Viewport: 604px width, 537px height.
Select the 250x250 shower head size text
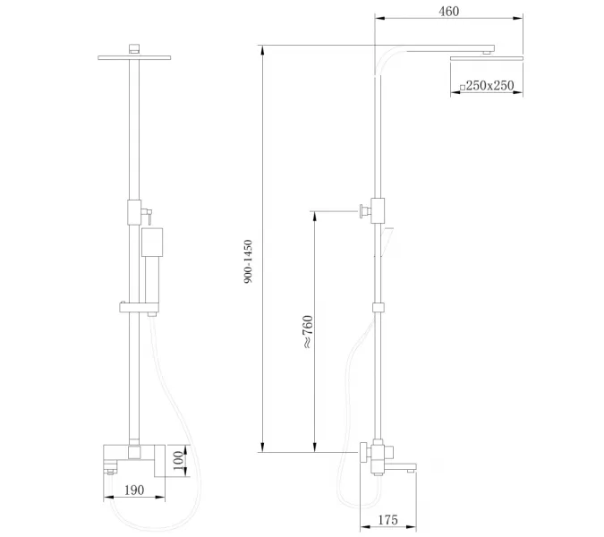tap(490, 85)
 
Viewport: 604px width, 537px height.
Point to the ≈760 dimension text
tap(307, 332)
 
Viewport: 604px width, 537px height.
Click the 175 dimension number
tap(387, 520)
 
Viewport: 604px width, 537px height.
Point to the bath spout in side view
tap(401, 465)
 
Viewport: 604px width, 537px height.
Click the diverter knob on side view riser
tap(364, 211)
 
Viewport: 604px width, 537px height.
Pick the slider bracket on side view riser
tap(380, 307)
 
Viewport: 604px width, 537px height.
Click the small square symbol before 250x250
tap(462, 86)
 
